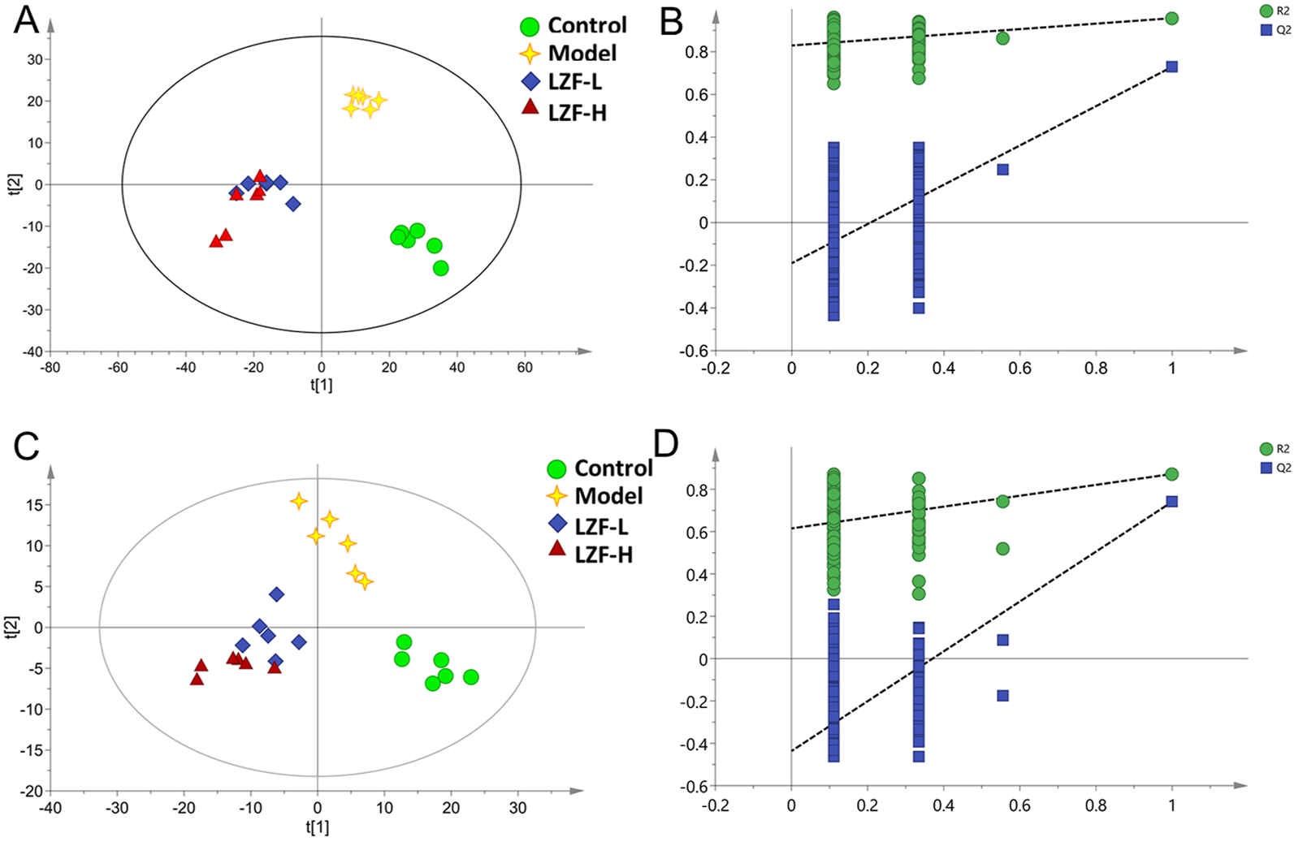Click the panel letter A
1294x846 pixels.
[x=26, y=19]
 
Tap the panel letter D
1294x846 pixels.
[x=666, y=444]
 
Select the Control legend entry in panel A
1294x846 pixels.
[x=573, y=25]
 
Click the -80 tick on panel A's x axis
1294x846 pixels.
[x=50, y=368]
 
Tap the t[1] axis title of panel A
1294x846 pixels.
[x=321, y=385]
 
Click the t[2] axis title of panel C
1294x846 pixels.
[x=11, y=627]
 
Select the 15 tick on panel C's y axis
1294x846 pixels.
[x=33, y=505]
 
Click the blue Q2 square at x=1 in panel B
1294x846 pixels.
[x=1171, y=67]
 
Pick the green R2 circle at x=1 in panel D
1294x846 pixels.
[x=1171, y=474]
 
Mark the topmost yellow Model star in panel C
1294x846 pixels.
[x=299, y=501]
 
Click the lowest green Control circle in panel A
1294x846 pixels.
[x=440, y=268]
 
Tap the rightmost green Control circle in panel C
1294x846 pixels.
[x=470, y=677]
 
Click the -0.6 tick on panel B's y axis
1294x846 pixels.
[x=695, y=351]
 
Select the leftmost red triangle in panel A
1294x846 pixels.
[x=216, y=241]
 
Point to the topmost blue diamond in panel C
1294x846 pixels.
[x=276, y=594]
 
